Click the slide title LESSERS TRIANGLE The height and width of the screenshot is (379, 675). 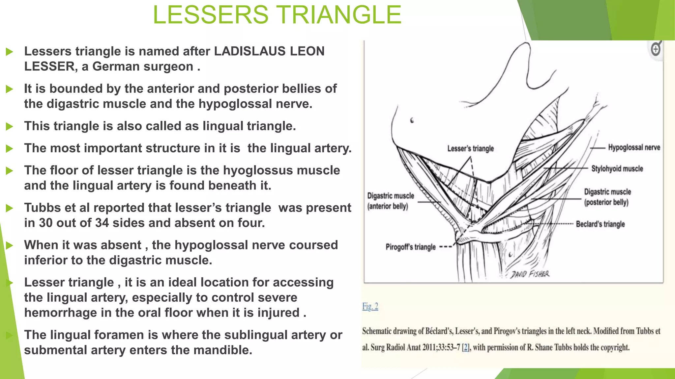click(x=277, y=15)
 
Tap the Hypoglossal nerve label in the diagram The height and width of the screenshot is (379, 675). click(x=634, y=148)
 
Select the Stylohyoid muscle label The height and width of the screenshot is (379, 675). click(x=617, y=169)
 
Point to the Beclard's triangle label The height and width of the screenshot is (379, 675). click(x=600, y=224)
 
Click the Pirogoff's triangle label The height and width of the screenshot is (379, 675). click(x=410, y=247)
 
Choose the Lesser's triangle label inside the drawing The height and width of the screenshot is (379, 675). click(x=470, y=149)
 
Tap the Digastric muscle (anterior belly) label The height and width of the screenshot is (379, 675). click(x=390, y=201)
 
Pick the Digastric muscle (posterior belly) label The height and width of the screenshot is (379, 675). click(x=607, y=197)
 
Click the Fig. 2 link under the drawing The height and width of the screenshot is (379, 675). click(x=370, y=307)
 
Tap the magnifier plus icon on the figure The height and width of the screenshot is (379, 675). click(x=656, y=50)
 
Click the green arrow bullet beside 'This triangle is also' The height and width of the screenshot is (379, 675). click(x=10, y=126)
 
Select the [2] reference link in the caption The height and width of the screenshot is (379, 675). click(x=465, y=347)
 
